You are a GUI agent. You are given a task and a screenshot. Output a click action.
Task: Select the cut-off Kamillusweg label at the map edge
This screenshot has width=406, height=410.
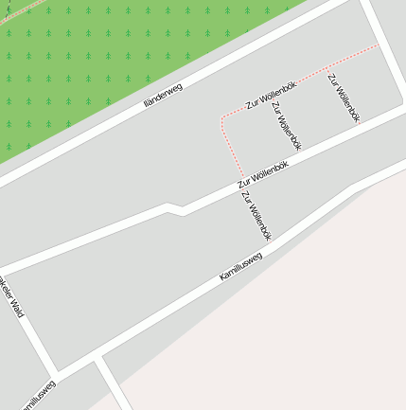(33, 397)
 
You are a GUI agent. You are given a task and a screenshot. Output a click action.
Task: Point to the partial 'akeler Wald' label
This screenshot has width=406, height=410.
(10, 299)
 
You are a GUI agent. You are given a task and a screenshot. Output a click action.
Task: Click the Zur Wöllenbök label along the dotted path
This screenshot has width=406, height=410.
(272, 95)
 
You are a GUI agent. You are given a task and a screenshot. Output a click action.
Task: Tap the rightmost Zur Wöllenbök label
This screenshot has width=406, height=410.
(344, 98)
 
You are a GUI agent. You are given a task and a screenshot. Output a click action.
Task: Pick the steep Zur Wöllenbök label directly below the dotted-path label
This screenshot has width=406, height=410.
(286, 126)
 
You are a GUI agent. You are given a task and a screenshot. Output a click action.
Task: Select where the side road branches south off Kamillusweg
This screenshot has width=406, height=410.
(98, 361)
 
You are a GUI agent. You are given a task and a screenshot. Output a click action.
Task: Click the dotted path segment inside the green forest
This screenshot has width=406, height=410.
(19, 9)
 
